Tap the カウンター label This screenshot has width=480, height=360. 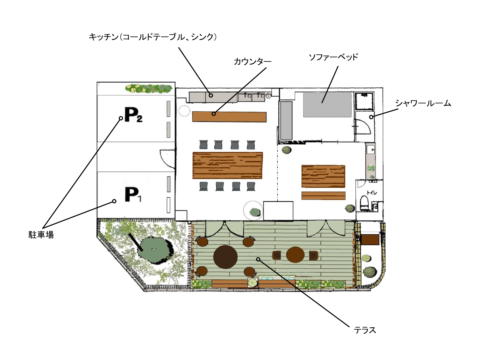click(x=252, y=61)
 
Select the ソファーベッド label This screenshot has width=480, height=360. click(x=333, y=57)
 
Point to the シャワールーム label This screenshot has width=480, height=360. click(x=423, y=103)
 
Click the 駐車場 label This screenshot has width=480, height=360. click(x=41, y=235)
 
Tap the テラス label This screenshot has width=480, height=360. click(x=365, y=330)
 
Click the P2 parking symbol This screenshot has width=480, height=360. click(x=133, y=115)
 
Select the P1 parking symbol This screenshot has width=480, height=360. click(x=132, y=195)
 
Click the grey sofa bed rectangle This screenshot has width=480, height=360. click(x=327, y=105)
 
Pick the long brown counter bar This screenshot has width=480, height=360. click(x=229, y=117)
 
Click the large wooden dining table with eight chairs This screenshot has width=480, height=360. click(x=228, y=165)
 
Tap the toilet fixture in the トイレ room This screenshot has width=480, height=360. click(x=364, y=203)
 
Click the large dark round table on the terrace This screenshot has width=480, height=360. click(x=225, y=257)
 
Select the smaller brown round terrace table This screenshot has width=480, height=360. click(x=295, y=255)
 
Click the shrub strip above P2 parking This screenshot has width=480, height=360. click(x=148, y=88)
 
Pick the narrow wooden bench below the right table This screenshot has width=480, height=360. click(x=324, y=196)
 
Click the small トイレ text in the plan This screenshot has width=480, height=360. click(x=372, y=192)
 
